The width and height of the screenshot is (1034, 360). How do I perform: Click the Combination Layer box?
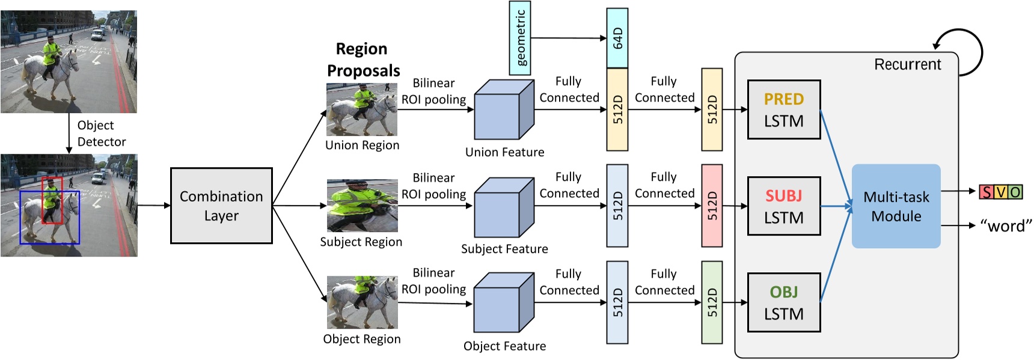coord(221,206)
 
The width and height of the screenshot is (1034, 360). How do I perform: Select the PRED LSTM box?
coord(784,109)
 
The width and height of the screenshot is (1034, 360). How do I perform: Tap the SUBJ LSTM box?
coord(784,206)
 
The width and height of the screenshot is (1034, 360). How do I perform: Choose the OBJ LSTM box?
coord(784,302)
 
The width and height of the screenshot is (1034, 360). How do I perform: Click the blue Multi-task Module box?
coord(896,206)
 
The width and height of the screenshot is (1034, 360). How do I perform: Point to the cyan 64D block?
coord(617,38)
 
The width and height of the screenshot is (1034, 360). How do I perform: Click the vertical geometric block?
coord(520,38)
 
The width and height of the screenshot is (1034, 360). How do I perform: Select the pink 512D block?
coord(712,206)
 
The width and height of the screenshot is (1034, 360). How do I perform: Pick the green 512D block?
coord(712,302)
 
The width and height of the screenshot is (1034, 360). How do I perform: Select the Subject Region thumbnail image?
coord(362,206)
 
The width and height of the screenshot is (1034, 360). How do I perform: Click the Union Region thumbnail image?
coord(362,109)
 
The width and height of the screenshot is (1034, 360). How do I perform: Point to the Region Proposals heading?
coord(363,59)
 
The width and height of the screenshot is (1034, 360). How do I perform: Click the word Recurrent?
coord(907,64)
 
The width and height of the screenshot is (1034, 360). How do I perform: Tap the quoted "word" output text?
coord(1006,226)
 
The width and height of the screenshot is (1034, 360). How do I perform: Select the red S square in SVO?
coord(986,192)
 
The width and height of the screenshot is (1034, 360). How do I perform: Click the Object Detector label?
coord(101,133)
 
